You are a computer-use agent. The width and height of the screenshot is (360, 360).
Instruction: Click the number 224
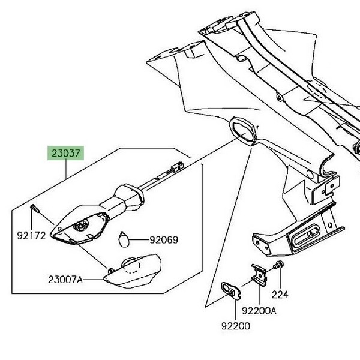coord(280,295)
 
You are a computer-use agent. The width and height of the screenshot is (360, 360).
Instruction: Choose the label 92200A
coord(259,311)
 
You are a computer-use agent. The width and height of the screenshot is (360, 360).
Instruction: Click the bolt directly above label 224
coord(280,265)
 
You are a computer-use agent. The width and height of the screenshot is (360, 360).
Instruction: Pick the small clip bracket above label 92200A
coord(258,273)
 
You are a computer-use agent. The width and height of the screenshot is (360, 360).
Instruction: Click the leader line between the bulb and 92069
coord(139,240)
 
